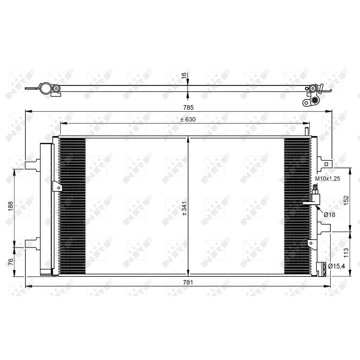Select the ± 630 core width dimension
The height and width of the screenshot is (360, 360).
(188, 120)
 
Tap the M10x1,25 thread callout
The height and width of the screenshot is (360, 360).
(327, 179)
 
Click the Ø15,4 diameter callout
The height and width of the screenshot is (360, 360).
(337, 267)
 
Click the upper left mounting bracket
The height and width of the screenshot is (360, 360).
(32, 165)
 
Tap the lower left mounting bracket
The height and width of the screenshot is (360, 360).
(32, 243)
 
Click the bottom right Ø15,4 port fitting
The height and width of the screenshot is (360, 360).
(321, 269)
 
